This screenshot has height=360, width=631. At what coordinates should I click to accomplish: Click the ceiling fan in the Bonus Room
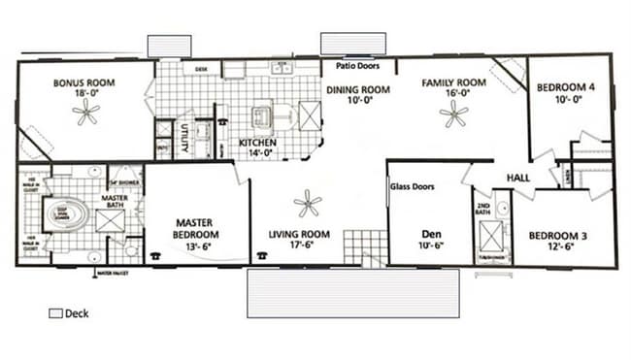(86, 115)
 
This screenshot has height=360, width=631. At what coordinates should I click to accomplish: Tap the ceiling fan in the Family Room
(452, 115)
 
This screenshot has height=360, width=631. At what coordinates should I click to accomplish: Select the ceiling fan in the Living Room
(308, 204)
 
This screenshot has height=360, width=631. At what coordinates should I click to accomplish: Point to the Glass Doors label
(412, 186)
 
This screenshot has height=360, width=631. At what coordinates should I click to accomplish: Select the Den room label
(431, 233)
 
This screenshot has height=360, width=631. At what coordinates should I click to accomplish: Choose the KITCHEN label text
(258, 143)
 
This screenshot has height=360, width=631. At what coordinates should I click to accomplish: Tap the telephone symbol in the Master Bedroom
(154, 255)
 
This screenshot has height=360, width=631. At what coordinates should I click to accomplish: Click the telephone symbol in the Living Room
(261, 255)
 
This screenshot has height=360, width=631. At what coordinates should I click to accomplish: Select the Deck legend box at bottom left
(54, 314)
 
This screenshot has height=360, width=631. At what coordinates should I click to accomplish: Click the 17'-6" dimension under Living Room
(300, 245)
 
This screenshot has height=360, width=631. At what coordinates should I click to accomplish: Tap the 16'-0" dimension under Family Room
(452, 95)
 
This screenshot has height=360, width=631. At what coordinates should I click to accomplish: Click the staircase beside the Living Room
(366, 246)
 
